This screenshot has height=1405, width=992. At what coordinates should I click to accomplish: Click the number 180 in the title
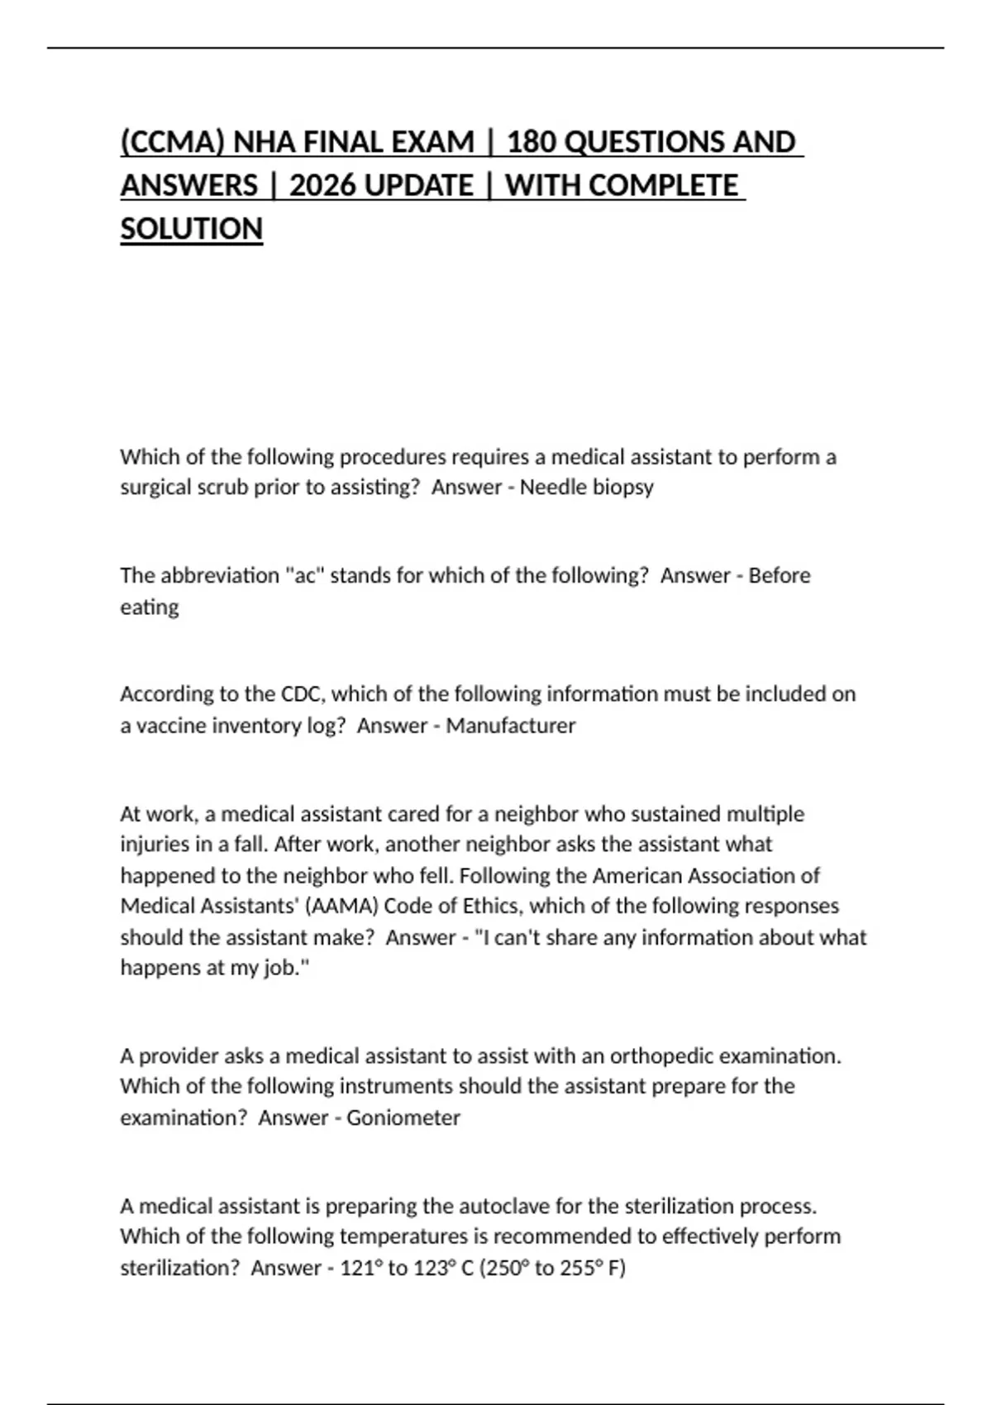[532, 142]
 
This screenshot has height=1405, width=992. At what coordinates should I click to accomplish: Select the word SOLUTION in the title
[191, 229]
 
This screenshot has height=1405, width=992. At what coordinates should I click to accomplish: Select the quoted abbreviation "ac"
[307, 575]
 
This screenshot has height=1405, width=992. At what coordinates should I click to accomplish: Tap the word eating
[149, 607]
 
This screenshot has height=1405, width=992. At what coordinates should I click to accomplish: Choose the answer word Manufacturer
[510, 726]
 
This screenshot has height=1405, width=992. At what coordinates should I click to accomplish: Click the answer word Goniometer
[403, 1118]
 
